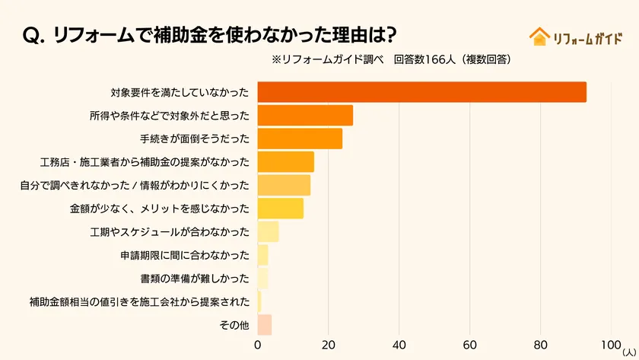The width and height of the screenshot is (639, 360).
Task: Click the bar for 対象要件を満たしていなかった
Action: (421, 92)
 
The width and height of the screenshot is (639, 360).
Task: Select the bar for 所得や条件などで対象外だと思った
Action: (305, 116)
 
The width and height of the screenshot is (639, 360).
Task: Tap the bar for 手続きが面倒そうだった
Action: (300, 139)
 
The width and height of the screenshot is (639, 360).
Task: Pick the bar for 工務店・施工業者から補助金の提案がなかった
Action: (285, 162)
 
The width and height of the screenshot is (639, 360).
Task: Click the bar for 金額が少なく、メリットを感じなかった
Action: (280, 209)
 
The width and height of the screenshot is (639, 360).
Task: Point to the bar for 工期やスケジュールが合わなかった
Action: (268, 231)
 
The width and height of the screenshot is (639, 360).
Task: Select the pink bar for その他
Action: (264, 325)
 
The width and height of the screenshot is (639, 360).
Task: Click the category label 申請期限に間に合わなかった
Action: (184, 255)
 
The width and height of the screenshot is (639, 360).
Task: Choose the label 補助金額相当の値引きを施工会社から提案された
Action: (139, 302)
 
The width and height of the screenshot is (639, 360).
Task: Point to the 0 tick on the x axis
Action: (258, 345)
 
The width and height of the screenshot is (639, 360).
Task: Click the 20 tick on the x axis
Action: (329, 345)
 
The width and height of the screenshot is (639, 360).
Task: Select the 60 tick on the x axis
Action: (470, 345)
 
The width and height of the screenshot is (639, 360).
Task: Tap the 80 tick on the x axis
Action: (541, 345)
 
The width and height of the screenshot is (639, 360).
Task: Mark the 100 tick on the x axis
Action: (611, 345)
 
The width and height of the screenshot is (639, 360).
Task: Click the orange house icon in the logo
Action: (539, 37)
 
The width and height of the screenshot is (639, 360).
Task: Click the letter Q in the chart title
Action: (34, 35)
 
